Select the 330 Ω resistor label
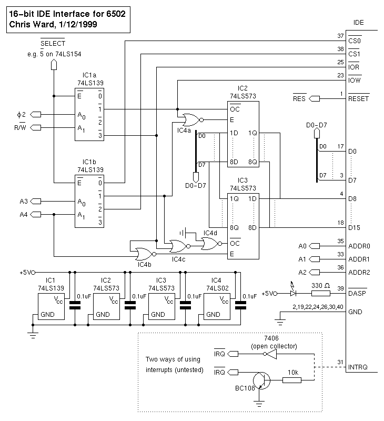(321, 285)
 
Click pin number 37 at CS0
(340, 36)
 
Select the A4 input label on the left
(23, 214)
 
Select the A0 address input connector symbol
(314, 246)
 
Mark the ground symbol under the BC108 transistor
(259, 404)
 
